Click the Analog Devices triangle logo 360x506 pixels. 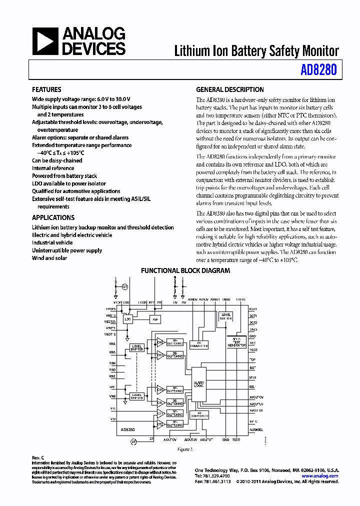coord(45,41)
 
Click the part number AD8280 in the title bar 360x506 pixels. coord(318,70)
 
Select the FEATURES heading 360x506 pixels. coord(46,90)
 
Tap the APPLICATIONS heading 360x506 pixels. coord(53,218)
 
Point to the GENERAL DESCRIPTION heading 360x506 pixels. coord(229,90)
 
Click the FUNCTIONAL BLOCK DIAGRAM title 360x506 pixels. coord(185,271)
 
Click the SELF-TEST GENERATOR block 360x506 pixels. coord(236,342)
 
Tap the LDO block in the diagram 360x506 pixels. coord(128,318)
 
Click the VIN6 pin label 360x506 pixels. coord(112,344)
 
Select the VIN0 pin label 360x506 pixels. coord(112,396)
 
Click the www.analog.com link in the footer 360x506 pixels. coord(321,476)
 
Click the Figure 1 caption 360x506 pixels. coord(185,449)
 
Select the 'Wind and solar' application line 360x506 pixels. coord(49,258)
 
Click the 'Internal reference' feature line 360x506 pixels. coord(53,168)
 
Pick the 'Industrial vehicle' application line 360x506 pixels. coord(52,242)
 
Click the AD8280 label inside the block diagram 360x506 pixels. coord(127,429)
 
